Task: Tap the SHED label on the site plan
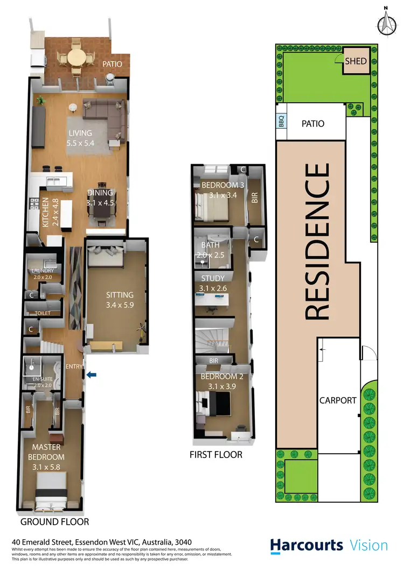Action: [x=356, y=61]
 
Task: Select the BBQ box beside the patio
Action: [x=281, y=122]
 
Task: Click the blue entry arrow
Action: [x=92, y=375]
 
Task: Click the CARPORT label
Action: [x=338, y=400]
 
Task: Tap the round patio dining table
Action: [x=75, y=57]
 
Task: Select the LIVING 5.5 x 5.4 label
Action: [x=80, y=138]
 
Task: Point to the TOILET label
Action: [x=43, y=312]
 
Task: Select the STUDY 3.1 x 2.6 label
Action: [x=215, y=283]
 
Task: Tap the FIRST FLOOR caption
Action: [x=215, y=455]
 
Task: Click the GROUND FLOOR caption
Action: [x=54, y=522]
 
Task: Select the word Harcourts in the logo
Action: [x=307, y=545]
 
